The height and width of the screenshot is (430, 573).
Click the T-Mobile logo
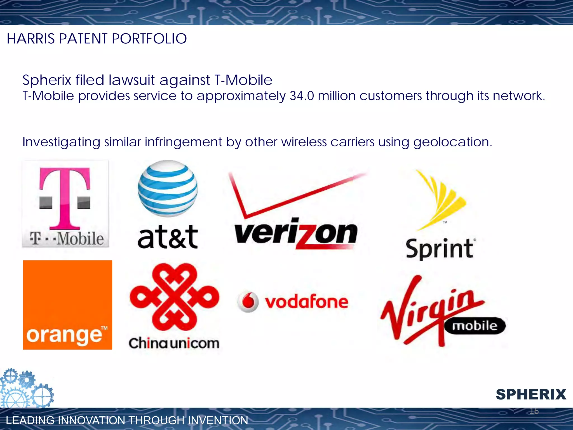(x=65, y=204)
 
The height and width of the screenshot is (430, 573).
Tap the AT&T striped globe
(x=168, y=189)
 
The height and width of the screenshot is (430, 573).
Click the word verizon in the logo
(x=296, y=234)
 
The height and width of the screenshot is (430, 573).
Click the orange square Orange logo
(x=67, y=305)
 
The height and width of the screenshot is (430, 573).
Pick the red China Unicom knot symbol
(x=174, y=297)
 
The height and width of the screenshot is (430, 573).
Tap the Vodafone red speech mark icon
(x=248, y=302)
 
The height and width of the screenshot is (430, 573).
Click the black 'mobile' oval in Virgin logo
(x=475, y=326)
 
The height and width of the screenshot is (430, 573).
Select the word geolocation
(x=452, y=142)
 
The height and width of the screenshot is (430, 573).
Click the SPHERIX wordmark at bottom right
(x=531, y=394)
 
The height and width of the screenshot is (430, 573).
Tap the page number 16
(x=534, y=411)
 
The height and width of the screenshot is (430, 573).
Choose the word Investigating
(x=61, y=142)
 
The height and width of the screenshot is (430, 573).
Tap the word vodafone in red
(x=307, y=302)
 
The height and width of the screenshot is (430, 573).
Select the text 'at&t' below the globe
(x=168, y=237)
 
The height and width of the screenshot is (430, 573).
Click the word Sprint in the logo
(x=440, y=249)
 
